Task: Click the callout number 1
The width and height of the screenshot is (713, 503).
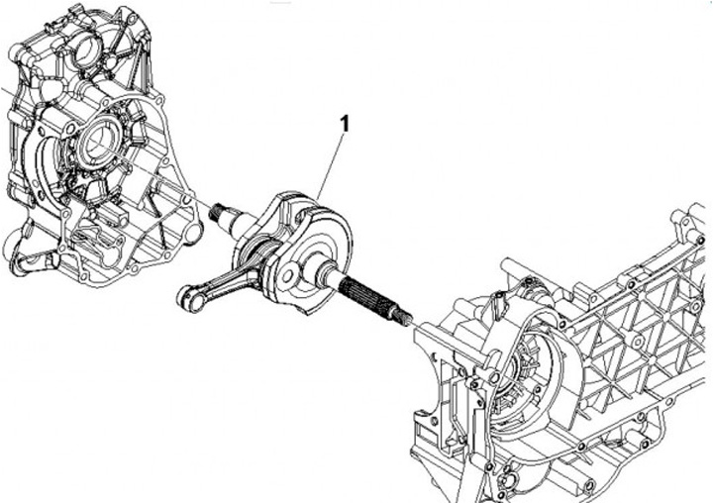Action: coord(346,124)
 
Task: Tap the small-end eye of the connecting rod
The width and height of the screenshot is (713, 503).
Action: coord(188,297)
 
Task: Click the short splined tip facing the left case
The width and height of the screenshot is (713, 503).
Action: coord(217,212)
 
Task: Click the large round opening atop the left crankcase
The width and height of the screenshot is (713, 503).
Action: coord(87,50)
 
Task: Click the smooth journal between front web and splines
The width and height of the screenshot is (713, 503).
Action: coord(327,274)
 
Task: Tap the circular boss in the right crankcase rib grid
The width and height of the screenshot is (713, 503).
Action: coord(638,341)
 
